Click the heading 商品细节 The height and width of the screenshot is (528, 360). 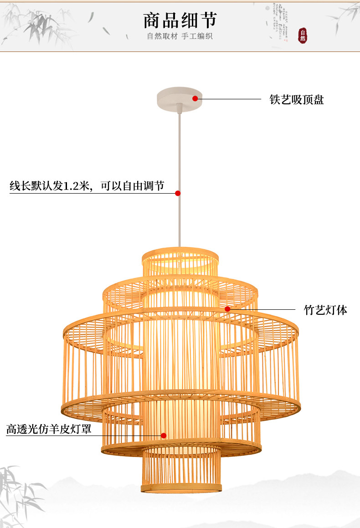(180, 20)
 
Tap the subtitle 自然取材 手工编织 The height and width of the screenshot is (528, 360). (180, 36)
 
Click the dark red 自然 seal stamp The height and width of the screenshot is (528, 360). (303, 36)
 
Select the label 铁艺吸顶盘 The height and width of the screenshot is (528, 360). (297, 99)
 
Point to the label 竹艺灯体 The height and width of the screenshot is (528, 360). (325, 310)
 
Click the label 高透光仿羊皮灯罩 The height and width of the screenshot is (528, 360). (49, 429)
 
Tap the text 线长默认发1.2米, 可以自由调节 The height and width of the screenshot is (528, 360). (87, 186)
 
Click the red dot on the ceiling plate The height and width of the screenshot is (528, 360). (195, 98)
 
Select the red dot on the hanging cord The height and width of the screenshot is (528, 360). (178, 193)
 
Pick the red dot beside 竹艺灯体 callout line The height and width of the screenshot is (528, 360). (227, 309)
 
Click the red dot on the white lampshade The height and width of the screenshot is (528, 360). (164, 436)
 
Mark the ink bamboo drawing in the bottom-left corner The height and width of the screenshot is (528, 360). (18, 492)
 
